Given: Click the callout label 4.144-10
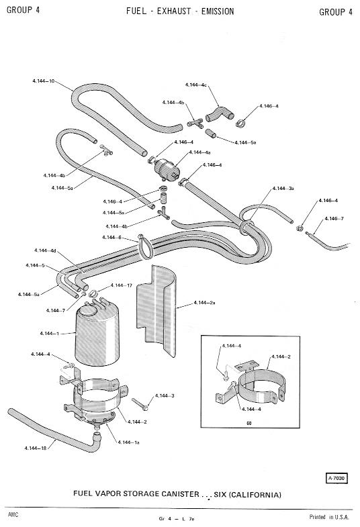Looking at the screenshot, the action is (x=44, y=81).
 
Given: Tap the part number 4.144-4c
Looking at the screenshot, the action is (x=195, y=85).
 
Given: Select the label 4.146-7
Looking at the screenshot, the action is (x=334, y=218).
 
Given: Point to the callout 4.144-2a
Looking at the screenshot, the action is (x=204, y=303).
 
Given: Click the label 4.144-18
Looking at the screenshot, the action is (x=35, y=448).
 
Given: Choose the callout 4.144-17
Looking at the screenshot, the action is (x=122, y=285).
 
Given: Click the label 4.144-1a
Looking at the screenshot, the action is (x=128, y=442).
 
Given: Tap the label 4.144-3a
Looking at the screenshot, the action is (x=283, y=188).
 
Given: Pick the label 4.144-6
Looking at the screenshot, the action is (x=111, y=237).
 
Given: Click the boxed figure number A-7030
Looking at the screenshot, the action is (x=336, y=478).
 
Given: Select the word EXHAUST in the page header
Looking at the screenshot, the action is (x=174, y=11).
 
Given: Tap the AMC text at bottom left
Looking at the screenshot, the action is (x=13, y=514).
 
